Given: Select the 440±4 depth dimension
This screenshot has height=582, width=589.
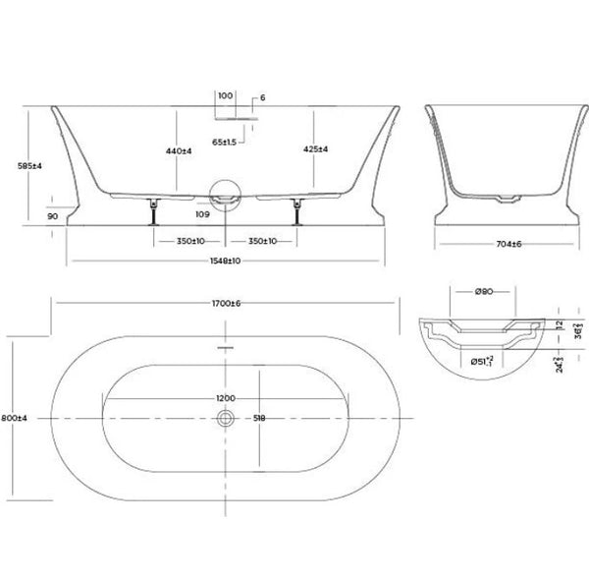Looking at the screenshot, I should pyautogui.click(x=177, y=151).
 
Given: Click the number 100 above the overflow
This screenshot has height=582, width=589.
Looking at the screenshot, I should pyautogui.click(x=225, y=96).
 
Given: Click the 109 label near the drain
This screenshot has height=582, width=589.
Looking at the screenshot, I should pyautogui.click(x=202, y=212).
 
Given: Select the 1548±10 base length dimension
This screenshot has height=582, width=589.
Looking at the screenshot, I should pyautogui.click(x=225, y=261).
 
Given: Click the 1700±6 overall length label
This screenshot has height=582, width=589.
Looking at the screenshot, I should pyautogui.click(x=225, y=304).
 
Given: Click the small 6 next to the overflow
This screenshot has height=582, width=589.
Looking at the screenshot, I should pyautogui.click(x=263, y=96).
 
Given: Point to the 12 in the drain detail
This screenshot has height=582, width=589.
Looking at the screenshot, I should pyautogui.click(x=558, y=323).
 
